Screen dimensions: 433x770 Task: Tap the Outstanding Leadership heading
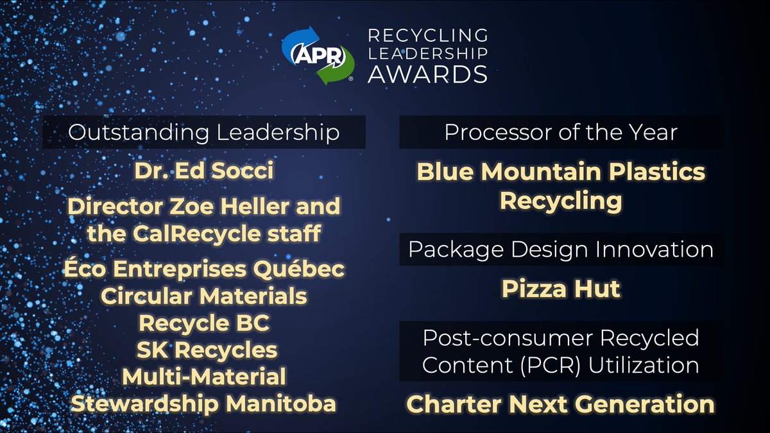pyautogui.click(x=203, y=132)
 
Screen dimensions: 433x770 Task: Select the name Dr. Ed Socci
pyautogui.click(x=203, y=171)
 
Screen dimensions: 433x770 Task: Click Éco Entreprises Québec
pyautogui.click(x=203, y=269)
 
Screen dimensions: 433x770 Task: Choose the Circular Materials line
pyautogui.click(x=203, y=296)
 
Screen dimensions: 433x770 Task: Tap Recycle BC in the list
pyautogui.click(x=203, y=323)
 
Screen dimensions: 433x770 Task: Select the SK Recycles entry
pyautogui.click(x=203, y=350)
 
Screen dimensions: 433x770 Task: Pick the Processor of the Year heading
pyautogui.click(x=560, y=132)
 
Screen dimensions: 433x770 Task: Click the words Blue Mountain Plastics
pyautogui.click(x=560, y=172)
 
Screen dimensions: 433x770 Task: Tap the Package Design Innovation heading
pyautogui.click(x=560, y=250)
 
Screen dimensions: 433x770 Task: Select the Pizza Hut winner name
pyautogui.click(x=560, y=289)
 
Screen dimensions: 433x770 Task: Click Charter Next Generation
pyautogui.click(x=560, y=405)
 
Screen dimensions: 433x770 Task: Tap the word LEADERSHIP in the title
pyautogui.click(x=427, y=54)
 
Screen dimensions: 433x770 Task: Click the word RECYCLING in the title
pyautogui.click(x=427, y=35)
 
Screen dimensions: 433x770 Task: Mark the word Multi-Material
pyautogui.click(x=203, y=377)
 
